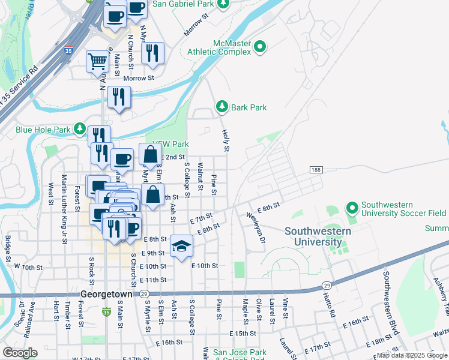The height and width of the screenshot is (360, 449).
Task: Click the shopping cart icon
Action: click(97, 61)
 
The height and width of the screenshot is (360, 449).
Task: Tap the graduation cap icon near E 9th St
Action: click(181, 246)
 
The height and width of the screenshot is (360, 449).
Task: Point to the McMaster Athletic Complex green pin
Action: click(260, 46)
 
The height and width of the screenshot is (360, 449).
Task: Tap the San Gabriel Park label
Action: click(183, 4)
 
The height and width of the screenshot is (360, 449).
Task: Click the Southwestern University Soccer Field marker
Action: click(352, 208)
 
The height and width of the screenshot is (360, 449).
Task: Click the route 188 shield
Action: click(316, 170)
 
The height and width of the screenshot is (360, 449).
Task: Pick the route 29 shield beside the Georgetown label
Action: click(144, 294)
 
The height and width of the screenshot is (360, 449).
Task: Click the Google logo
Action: click(20, 352)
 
